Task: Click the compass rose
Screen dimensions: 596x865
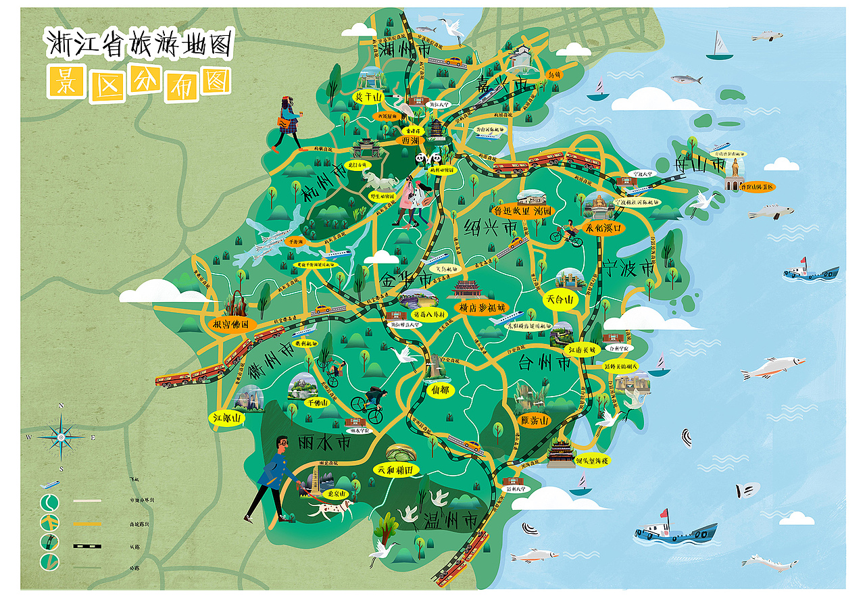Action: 61,437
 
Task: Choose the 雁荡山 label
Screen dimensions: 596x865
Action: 533,420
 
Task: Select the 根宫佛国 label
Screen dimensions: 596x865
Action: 231,324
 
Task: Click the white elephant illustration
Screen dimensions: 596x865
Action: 378,180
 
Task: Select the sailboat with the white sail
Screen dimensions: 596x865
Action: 720,45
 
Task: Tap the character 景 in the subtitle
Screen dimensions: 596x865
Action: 66,83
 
